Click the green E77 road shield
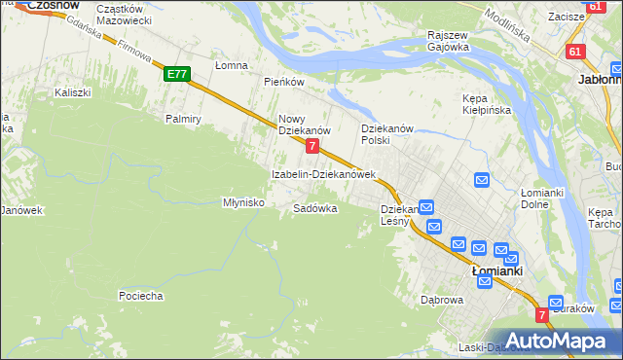click(x=176, y=74)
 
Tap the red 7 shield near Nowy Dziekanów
click(x=311, y=146)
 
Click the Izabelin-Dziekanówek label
click(x=323, y=174)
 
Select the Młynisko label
click(x=244, y=202)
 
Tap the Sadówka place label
click(x=315, y=208)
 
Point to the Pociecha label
click(x=140, y=295)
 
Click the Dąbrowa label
click(x=441, y=300)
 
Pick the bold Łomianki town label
click(x=497, y=271)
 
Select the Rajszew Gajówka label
click(x=449, y=41)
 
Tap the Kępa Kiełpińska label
click(x=487, y=104)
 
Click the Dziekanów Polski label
click(x=388, y=134)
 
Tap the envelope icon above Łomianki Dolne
click(x=482, y=180)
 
